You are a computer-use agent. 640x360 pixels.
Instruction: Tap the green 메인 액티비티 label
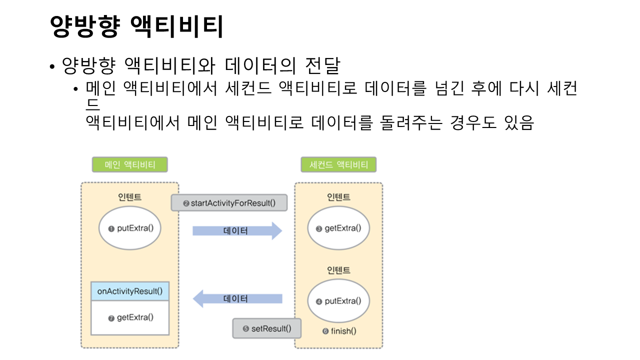[x=129, y=165]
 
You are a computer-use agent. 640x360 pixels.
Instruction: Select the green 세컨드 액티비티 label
[x=338, y=165]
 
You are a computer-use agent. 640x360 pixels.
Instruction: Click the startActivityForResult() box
[x=229, y=203]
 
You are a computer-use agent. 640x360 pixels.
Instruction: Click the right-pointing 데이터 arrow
[x=237, y=231]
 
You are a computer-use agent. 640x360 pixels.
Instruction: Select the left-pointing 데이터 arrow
[x=237, y=299]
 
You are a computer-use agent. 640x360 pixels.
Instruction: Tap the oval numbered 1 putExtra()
[x=129, y=228]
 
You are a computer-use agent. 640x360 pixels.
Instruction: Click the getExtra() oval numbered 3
[x=338, y=228]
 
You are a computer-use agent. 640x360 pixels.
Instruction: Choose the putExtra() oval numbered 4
[x=338, y=301]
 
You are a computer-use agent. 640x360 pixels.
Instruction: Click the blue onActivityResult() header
[x=129, y=291]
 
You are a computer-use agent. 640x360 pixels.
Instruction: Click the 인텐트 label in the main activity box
[x=129, y=197]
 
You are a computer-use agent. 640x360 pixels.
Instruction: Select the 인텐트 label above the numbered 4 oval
[x=338, y=270]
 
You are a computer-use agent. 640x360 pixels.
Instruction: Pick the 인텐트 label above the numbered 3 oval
[x=338, y=197]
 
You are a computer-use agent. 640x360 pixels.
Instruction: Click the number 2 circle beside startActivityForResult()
[x=186, y=203]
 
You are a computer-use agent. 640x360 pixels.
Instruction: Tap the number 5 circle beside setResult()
[x=245, y=329]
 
